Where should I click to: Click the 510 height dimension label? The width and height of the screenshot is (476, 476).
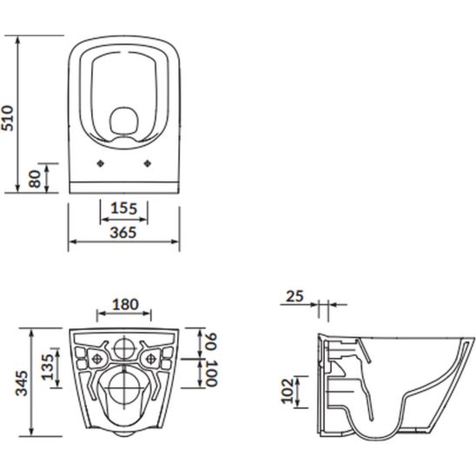7,118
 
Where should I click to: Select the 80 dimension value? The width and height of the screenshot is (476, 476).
35,179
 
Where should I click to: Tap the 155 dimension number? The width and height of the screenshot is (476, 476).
124,208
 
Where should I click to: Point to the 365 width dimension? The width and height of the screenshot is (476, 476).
123,233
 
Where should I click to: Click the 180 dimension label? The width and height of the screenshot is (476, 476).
125,305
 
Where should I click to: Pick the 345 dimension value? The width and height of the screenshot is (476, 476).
22,383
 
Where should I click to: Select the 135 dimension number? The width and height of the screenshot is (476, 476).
48,367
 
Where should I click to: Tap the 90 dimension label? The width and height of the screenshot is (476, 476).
211,342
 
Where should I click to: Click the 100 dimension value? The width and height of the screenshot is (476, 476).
211,374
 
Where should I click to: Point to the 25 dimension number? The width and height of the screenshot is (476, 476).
294,296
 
